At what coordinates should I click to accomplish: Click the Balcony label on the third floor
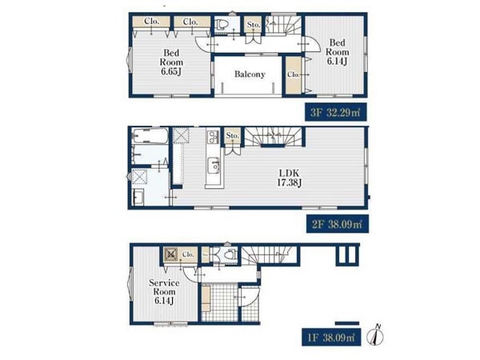250,74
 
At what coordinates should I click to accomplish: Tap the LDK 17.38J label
289,178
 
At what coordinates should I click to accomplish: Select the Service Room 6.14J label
164,292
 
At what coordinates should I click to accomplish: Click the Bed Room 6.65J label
171,62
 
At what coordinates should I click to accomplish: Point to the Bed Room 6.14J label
337,52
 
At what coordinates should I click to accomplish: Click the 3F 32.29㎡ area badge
335,112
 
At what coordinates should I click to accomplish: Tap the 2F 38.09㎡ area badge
337,224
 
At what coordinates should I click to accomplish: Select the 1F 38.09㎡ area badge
331,337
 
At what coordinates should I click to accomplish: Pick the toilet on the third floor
221,25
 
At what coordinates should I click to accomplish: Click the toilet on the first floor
230,254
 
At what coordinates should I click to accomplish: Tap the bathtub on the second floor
150,136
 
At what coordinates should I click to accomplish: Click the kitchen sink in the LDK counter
214,166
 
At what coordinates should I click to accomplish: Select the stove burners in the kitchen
213,137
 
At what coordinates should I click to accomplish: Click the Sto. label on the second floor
232,135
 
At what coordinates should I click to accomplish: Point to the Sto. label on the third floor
254,25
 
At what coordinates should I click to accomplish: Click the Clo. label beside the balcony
294,74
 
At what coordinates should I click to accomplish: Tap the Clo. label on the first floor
188,254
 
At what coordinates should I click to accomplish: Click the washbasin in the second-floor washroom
138,197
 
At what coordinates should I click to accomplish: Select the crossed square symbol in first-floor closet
171,254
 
